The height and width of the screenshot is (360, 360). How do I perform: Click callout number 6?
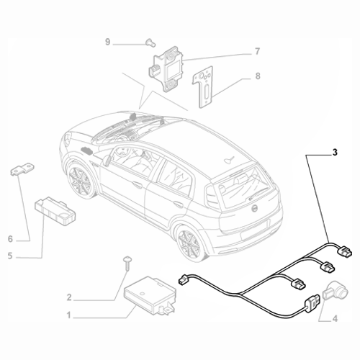click(10, 238)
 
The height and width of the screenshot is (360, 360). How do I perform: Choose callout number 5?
click(10, 256)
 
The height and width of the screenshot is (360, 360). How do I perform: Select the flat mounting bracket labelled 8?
click(207, 84)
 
